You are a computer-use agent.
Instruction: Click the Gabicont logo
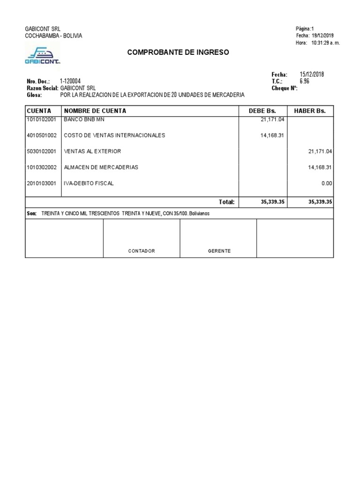tap(42, 55)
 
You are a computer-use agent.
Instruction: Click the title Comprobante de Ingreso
tap(178, 52)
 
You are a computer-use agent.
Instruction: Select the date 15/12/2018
tap(312, 75)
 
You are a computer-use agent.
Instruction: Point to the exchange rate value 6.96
tap(304, 81)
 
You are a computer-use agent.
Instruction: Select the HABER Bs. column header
tap(313, 111)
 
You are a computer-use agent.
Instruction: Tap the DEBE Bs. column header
tap(262, 111)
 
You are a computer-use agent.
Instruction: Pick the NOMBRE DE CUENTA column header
tap(95, 111)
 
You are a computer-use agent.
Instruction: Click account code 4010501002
tap(42, 135)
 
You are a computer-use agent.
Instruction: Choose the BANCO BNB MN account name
tap(85, 120)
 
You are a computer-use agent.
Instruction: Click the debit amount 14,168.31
tap(272, 135)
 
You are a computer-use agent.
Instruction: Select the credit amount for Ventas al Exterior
tap(320, 151)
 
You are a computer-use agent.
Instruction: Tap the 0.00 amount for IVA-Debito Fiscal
tap(327, 183)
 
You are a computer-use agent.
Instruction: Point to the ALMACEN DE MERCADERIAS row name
tap(101, 167)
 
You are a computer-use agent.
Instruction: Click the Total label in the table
tap(226, 202)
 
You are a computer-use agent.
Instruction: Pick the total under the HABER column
tap(320, 202)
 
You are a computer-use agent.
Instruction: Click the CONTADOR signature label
tap(142, 251)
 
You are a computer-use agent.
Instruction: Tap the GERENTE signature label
tap(219, 251)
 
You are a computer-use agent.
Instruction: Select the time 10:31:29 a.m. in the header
tap(325, 43)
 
